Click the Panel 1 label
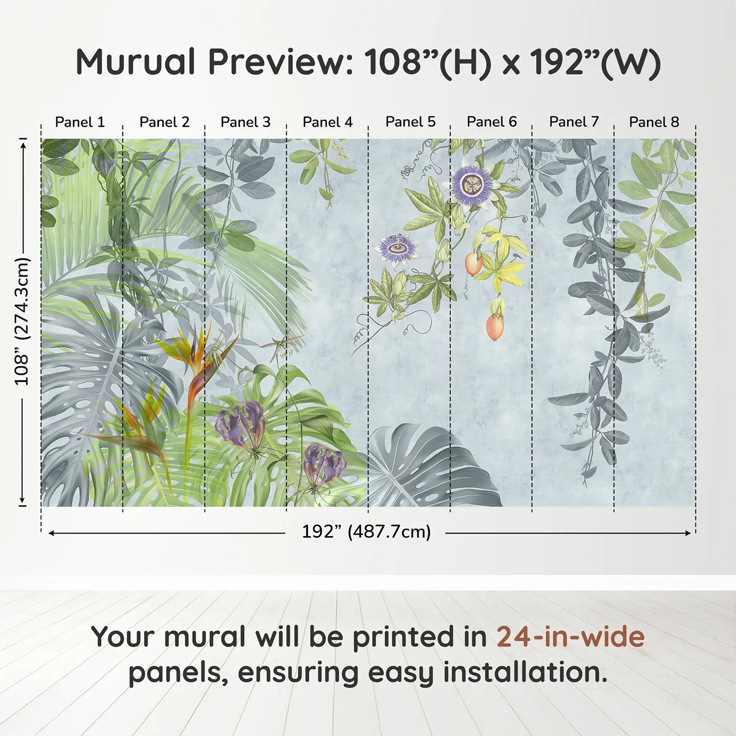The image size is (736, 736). click(x=80, y=122)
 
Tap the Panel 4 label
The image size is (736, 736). click(x=328, y=122)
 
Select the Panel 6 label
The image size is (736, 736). click(x=492, y=122)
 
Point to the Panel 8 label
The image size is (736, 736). click(x=654, y=122)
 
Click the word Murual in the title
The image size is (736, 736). click(x=136, y=62)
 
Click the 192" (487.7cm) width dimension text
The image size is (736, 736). click(x=366, y=531)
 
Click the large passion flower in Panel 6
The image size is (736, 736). click(x=472, y=184)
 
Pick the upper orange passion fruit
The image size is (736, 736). click(x=474, y=263)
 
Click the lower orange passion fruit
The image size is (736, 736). click(x=495, y=326)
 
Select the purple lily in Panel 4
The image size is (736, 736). click(x=324, y=463)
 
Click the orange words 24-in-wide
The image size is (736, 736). click(x=570, y=637)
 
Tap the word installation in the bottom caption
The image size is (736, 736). click(x=524, y=672)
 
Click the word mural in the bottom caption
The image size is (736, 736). click(x=205, y=637)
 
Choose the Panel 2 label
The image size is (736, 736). click(x=164, y=122)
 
